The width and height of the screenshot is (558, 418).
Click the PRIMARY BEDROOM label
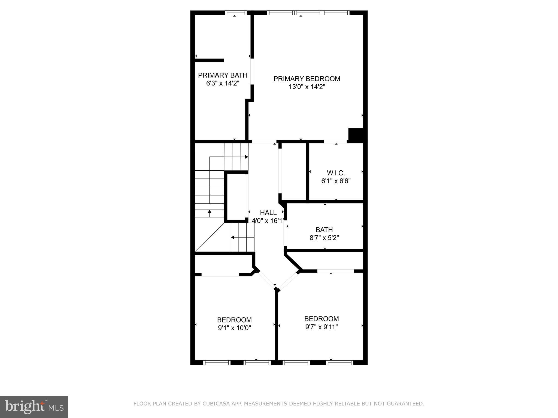(x=307, y=79)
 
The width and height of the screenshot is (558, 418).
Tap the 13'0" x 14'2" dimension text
(x=307, y=87)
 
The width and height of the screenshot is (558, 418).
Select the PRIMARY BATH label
(x=223, y=75)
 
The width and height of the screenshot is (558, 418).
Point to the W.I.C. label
(x=336, y=173)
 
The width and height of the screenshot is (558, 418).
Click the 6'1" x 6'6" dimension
(x=336, y=181)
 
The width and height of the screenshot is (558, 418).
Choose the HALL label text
(x=268, y=213)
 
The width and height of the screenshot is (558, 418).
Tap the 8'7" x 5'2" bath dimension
(x=324, y=238)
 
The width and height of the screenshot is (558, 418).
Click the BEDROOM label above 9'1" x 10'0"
(x=234, y=320)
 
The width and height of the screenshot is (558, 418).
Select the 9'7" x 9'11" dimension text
(x=322, y=327)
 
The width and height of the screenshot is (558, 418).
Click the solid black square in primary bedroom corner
(x=356, y=134)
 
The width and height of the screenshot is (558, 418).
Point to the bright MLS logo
(x=34, y=407)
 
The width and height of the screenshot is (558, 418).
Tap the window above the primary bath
(x=236, y=13)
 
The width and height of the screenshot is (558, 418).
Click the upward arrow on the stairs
(x=210, y=212)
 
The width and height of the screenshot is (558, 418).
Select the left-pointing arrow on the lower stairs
(x=232, y=237)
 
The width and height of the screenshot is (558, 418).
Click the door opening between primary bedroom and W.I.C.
(x=335, y=142)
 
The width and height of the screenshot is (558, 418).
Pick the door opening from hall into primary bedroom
(x=264, y=142)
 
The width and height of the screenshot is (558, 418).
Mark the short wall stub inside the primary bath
(x=209, y=60)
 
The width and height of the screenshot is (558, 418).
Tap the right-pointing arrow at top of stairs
(x=246, y=157)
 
